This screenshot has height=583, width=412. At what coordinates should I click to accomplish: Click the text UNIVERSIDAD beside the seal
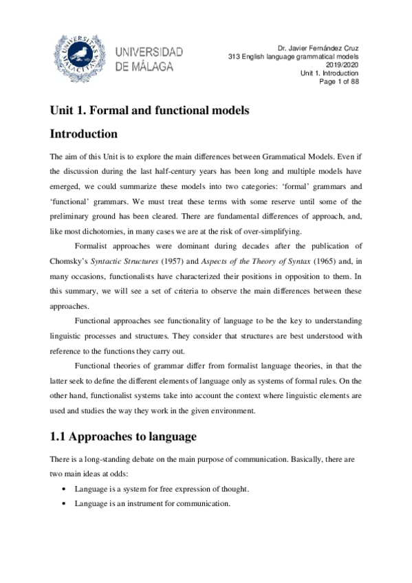click(x=153, y=52)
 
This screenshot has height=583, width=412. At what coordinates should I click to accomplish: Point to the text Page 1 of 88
click(x=336, y=81)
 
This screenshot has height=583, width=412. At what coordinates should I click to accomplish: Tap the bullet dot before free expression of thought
click(x=64, y=489)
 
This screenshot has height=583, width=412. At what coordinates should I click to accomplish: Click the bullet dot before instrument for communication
click(x=64, y=504)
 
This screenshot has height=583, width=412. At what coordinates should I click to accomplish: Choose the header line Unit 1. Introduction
click(x=330, y=73)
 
